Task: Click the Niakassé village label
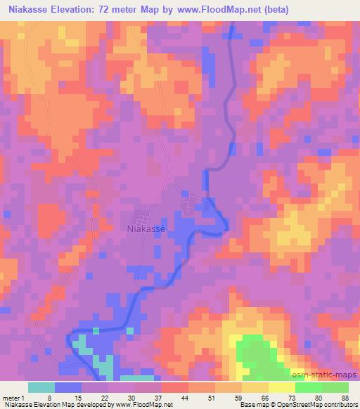(146, 228)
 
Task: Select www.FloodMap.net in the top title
(216, 8)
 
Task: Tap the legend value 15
(83, 398)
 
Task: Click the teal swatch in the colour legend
(41, 387)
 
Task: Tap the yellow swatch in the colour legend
(282, 387)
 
